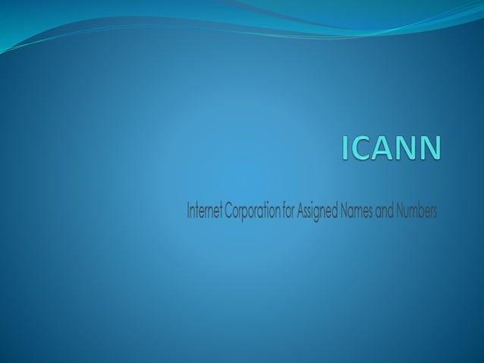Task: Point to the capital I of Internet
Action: coord(188,211)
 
